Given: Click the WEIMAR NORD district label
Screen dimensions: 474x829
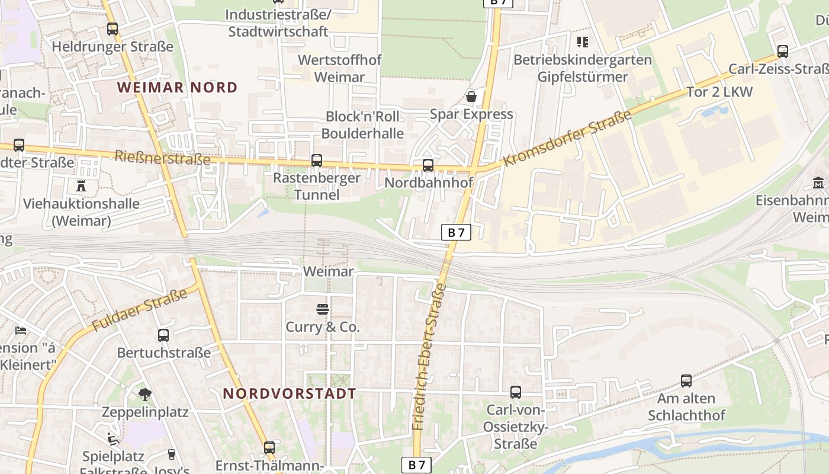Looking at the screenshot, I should (x=177, y=88).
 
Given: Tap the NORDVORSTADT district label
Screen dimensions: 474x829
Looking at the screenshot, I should (x=290, y=393).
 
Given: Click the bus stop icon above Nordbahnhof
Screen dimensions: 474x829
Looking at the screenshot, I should (x=428, y=165).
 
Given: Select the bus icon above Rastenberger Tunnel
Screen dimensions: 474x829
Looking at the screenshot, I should (x=317, y=161).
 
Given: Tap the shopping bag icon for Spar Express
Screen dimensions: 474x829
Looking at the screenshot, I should (x=471, y=96).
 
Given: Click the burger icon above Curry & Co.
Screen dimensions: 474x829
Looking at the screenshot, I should (x=323, y=309).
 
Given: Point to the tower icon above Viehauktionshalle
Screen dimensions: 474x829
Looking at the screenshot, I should (x=81, y=186).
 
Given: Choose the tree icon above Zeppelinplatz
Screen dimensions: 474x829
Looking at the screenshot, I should (x=144, y=394).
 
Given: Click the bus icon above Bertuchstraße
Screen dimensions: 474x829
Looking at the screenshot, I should (x=163, y=335).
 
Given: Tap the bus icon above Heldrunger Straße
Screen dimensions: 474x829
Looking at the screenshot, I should (x=113, y=28).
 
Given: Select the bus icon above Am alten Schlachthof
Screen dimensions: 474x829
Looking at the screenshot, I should (x=686, y=381).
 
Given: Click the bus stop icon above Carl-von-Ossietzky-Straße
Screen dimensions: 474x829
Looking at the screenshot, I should (x=516, y=392).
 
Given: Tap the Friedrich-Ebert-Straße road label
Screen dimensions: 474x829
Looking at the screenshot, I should (x=429, y=357).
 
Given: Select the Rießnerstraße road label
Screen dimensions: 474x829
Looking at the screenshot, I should (x=162, y=158).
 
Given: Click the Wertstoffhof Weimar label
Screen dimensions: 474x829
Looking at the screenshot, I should (x=340, y=68).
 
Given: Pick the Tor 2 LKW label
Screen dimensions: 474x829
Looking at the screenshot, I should (x=719, y=92).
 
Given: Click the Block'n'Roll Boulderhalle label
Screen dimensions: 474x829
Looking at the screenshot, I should (x=362, y=124).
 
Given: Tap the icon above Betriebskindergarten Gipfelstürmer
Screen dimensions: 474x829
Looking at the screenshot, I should (x=583, y=42).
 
